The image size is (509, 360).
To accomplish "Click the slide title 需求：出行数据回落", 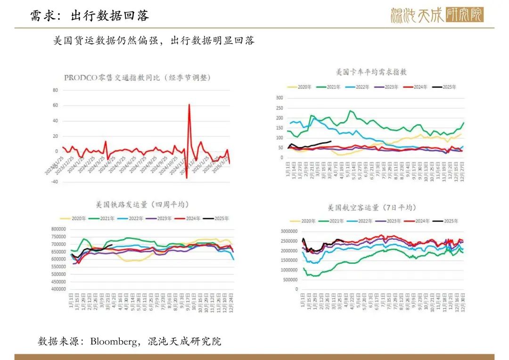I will (90, 16).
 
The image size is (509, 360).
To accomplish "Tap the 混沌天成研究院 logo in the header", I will (437, 15).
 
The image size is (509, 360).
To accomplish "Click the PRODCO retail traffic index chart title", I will (137, 78).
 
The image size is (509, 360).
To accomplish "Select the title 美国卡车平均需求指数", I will (371, 72).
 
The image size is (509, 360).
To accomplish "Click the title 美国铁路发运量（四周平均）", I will (142, 205).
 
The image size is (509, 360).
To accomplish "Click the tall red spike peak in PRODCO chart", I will (189, 105).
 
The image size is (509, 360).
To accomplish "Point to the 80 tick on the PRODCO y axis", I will (55, 90).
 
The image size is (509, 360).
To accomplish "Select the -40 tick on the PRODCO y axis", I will (54, 182).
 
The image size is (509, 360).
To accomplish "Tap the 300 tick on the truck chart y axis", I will (279, 98).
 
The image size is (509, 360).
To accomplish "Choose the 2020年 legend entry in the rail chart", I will (74, 219).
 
